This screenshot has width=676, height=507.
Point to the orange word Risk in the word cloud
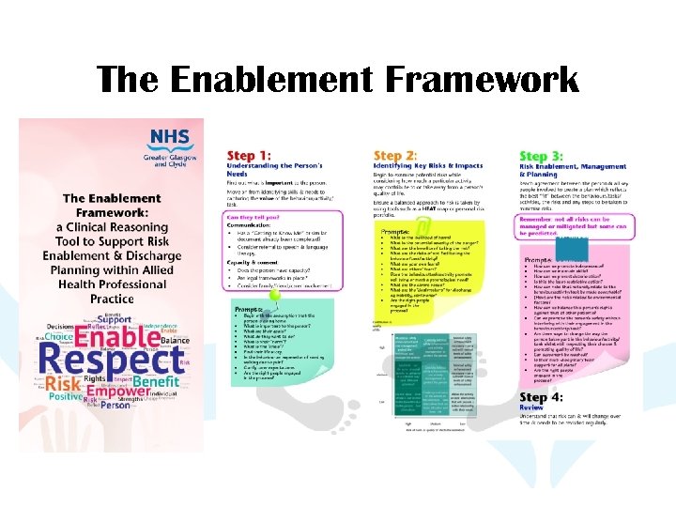tap(65, 385)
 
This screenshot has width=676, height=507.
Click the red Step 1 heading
tap(249, 155)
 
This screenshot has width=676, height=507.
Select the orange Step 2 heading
tap(395, 155)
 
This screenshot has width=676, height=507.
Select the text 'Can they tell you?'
tap(256, 217)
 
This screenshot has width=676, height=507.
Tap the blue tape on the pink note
tap(572, 240)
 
